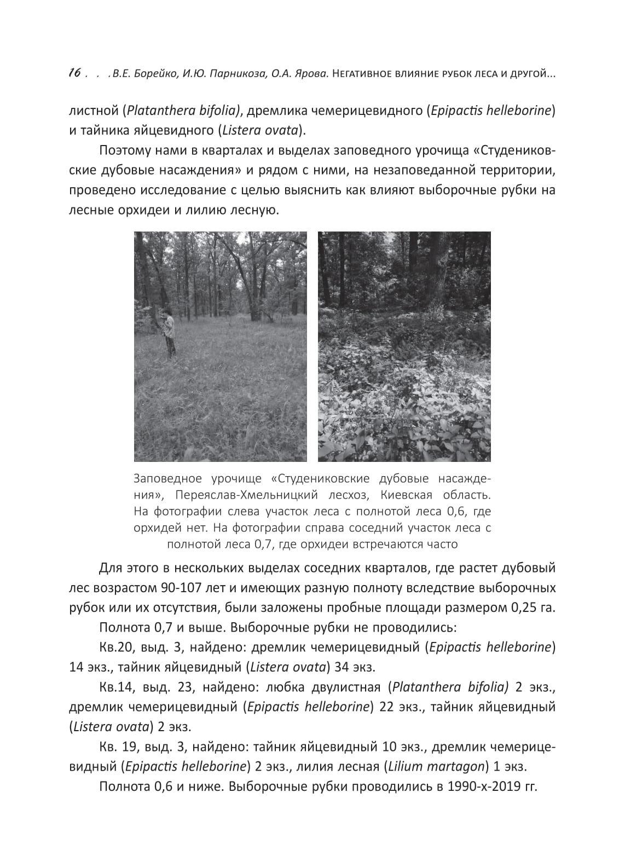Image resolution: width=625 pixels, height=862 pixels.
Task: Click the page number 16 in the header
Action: (x=75, y=73)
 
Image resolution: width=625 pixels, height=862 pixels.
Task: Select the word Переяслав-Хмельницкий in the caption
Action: (x=256, y=495)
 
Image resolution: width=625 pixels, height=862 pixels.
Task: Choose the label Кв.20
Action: (x=116, y=647)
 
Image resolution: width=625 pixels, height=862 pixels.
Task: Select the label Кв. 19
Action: (x=118, y=747)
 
